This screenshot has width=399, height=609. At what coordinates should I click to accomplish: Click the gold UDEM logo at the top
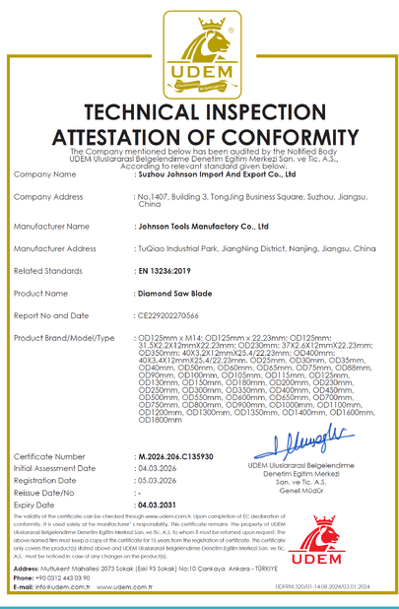coord(200,50)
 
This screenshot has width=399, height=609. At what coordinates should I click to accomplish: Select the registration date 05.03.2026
coord(160,481)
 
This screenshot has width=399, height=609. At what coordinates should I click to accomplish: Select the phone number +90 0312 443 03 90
coord(75,576)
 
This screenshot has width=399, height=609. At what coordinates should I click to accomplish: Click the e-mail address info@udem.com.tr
coord(71,586)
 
